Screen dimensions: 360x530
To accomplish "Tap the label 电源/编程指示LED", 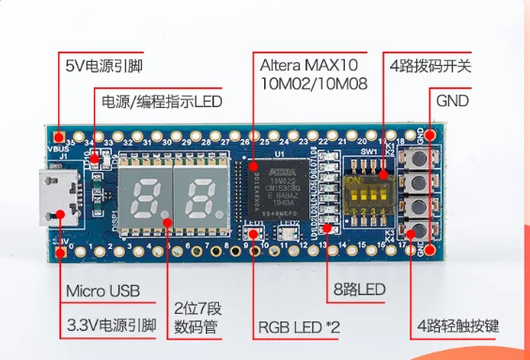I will [x=161, y=101].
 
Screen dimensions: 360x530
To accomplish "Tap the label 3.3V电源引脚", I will [x=111, y=326].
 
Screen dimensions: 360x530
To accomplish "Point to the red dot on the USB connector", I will [x=60, y=214].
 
